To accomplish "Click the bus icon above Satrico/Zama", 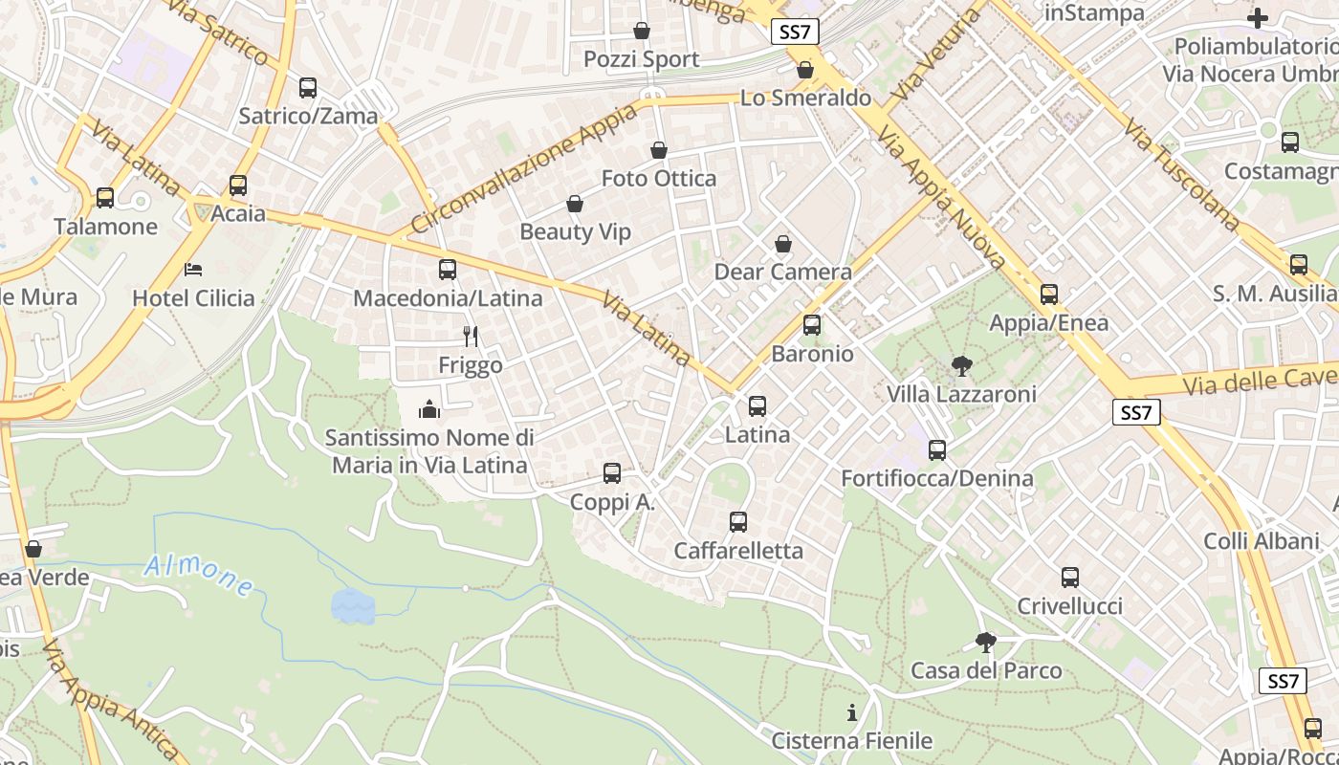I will click(308, 88).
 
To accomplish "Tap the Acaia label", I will click(238, 213).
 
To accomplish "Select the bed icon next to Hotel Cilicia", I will click(193, 270).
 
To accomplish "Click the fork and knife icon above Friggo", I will click(470, 336).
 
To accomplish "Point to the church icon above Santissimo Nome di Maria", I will click(429, 410).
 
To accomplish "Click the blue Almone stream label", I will click(199, 575).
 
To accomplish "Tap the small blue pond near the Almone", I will click(352, 606).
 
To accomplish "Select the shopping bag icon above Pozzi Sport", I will click(642, 31).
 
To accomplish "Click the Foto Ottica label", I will click(659, 179).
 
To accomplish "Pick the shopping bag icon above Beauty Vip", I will click(575, 204).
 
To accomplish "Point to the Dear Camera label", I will click(783, 273).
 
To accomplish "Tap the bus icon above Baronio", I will click(812, 325).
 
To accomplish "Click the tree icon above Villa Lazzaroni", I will click(961, 365).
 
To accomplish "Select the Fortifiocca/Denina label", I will click(937, 478).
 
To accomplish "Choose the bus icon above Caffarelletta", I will click(738, 522).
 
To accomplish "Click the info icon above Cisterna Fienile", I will click(851, 712).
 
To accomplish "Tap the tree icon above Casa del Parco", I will click(986, 643).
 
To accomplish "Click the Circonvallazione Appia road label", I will click(526, 168).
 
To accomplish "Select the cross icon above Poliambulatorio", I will click(1257, 18).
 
